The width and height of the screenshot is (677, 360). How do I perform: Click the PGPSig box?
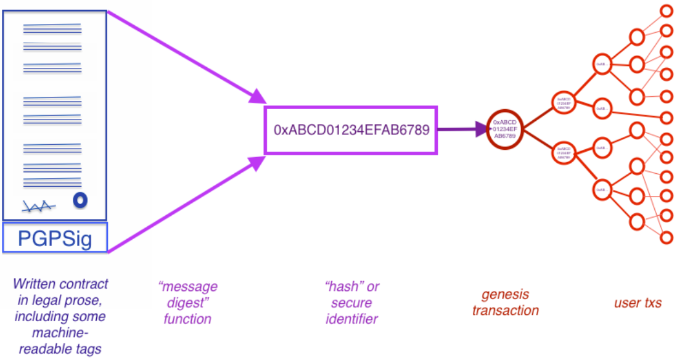pyautogui.click(x=55, y=238)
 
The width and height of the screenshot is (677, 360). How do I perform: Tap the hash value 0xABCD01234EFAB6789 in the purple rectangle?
pyautogui.click(x=351, y=130)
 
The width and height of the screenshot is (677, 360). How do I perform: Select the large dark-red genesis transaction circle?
pyautogui.click(x=504, y=129)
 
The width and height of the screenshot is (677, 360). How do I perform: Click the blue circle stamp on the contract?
pyautogui.click(x=80, y=200)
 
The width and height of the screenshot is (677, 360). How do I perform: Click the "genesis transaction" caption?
pyautogui.click(x=505, y=302)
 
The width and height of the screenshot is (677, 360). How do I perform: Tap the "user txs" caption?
pyautogui.click(x=638, y=303)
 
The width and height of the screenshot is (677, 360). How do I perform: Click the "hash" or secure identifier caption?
pyautogui.click(x=351, y=303)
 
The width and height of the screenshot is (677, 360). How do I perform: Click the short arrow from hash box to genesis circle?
pyautogui.click(x=459, y=129)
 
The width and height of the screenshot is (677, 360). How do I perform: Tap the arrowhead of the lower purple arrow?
pyautogui.click(x=259, y=162)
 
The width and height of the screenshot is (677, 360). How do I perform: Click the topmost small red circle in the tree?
pyautogui.click(x=667, y=10)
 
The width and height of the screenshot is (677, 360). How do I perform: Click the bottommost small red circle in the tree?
pyautogui.click(x=667, y=237)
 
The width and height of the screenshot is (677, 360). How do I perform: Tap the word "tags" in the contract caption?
pyautogui.click(x=89, y=348)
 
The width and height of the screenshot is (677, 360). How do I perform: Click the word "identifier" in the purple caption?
pyautogui.click(x=351, y=319)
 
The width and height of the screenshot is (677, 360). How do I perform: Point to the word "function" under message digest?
pyautogui.click(x=187, y=319)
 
